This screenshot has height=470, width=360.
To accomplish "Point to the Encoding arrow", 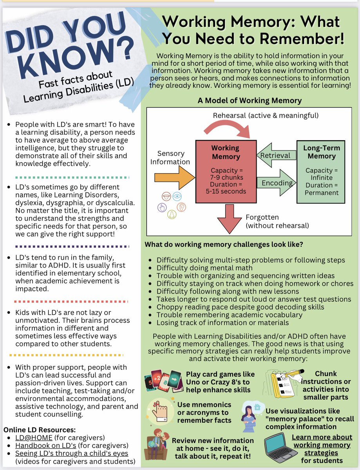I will click(277, 183).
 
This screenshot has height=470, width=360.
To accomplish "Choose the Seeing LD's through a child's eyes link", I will click(72, 454).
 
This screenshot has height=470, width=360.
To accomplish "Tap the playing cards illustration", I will click(163, 380).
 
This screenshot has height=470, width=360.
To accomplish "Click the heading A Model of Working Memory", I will click(250, 100).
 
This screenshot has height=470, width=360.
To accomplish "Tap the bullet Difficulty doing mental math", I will click(204, 268).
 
